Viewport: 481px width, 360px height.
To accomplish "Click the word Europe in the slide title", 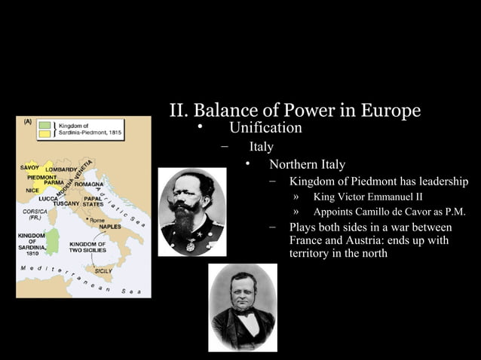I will click(390, 111).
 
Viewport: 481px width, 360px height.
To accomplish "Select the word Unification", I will click(265, 128).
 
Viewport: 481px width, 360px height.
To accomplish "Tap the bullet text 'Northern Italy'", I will click(308, 165).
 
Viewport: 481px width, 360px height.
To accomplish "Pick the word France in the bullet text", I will click(307, 240).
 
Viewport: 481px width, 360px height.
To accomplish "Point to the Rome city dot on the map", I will click(87, 219).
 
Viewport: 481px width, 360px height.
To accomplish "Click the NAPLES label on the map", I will click(111, 226).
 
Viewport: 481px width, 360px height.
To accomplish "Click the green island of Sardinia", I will click(52, 241).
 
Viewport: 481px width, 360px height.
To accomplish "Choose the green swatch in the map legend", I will click(44, 124).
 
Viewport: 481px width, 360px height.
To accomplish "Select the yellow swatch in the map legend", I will click(44, 133).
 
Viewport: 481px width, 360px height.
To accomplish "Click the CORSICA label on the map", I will click(34, 212).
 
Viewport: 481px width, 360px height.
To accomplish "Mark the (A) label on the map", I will click(25, 121).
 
